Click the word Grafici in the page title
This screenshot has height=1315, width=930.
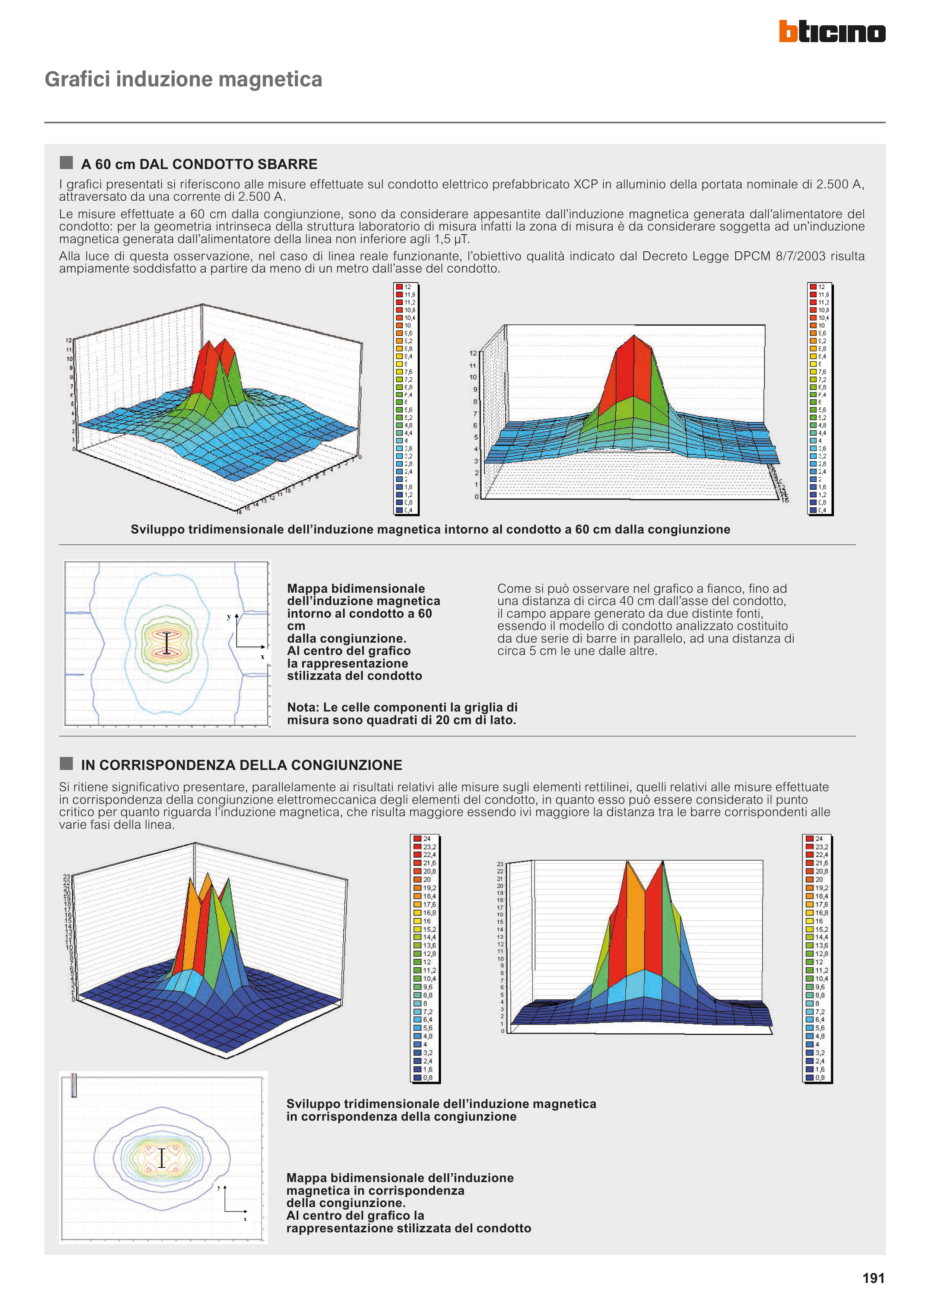(77, 79)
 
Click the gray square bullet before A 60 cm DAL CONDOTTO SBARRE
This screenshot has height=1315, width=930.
(66, 163)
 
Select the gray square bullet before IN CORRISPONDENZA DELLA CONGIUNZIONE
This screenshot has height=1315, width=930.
(66, 764)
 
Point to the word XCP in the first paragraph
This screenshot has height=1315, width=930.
(585, 184)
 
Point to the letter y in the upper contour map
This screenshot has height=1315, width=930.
(229, 617)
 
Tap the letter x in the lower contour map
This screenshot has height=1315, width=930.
(245, 1219)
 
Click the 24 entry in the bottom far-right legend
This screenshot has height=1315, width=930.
(819, 838)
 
